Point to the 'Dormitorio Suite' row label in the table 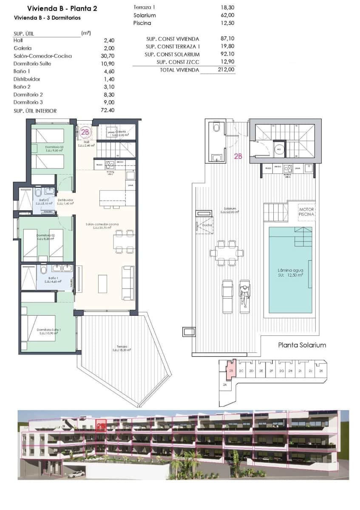31,64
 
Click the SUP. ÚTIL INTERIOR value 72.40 109,111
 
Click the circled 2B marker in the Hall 85,132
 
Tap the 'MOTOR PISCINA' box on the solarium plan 306,212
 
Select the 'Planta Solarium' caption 302,345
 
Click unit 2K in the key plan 321,371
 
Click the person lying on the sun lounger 244,293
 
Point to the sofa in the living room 127,283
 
